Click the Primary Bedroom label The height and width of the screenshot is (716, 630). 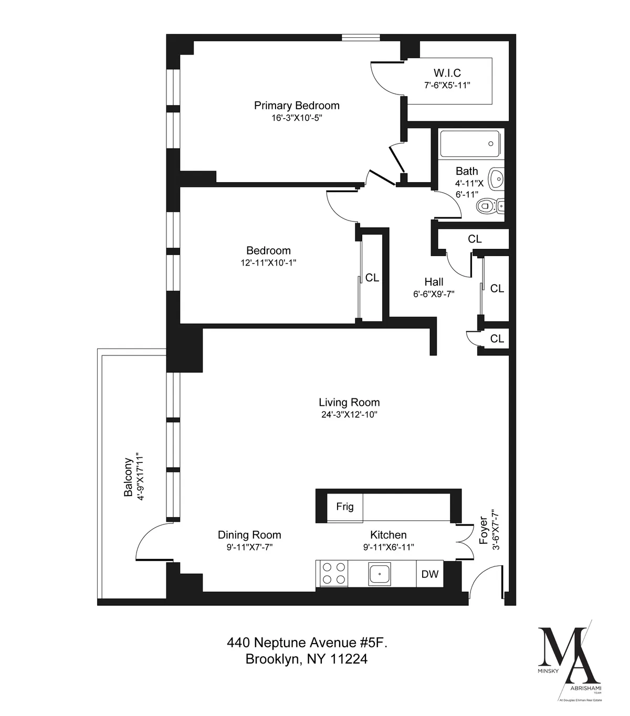click(x=297, y=106)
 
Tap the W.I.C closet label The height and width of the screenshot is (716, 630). click(x=447, y=73)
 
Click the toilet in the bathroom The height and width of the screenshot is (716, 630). click(x=486, y=206)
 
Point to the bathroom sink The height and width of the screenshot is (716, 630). click(x=496, y=179)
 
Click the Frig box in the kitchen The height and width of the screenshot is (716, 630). click(x=344, y=507)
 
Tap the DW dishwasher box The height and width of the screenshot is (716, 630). click(x=430, y=574)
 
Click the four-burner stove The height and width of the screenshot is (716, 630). click(x=334, y=573)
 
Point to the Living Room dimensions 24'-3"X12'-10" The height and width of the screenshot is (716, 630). click(x=349, y=415)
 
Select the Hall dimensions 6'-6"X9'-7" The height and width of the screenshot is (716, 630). click(x=434, y=294)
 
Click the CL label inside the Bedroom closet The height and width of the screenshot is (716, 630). click(x=372, y=278)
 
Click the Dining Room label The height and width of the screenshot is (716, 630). click(x=249, y=535)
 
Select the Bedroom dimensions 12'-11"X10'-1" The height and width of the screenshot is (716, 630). click(x=269, y=263)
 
